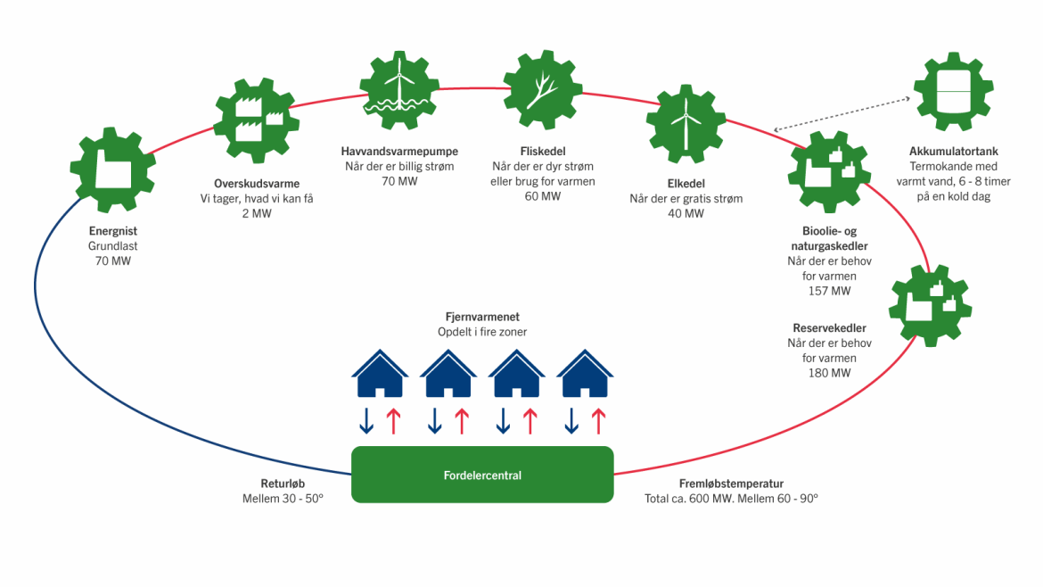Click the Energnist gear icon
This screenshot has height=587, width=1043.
tap(112, 170)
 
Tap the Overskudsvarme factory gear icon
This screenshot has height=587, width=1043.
tap(255, 120)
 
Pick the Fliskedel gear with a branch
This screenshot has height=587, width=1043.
tap(545, 89)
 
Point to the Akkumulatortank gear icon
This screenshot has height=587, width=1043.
tap(953, 92)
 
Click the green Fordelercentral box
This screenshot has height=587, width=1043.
tap(482, 475)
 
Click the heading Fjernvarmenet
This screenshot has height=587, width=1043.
tap(482, 317)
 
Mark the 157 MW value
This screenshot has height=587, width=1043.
tap(828, 291)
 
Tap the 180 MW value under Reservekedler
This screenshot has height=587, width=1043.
tap(829, 372)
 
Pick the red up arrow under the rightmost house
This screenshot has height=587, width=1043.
tap(599, 420)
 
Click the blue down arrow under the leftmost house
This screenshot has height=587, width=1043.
tap(365, 420)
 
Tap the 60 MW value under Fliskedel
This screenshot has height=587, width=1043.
tap(543, 196)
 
